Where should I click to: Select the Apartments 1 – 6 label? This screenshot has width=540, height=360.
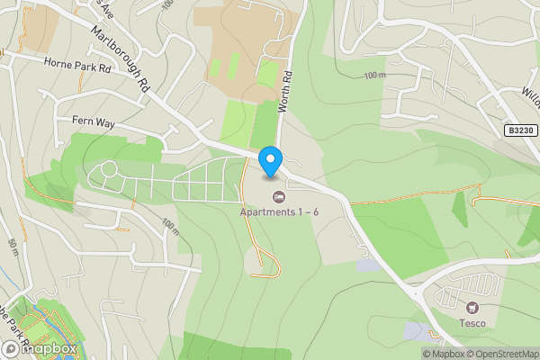pos(278,211)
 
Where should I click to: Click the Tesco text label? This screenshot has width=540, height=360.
pos(472,323)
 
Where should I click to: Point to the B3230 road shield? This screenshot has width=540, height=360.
pos(518,130)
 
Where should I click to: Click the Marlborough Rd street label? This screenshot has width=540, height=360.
pos(119,61)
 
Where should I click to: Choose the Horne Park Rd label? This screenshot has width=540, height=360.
pos(79,65)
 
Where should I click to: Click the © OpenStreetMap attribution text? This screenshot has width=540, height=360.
pos(501,354)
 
